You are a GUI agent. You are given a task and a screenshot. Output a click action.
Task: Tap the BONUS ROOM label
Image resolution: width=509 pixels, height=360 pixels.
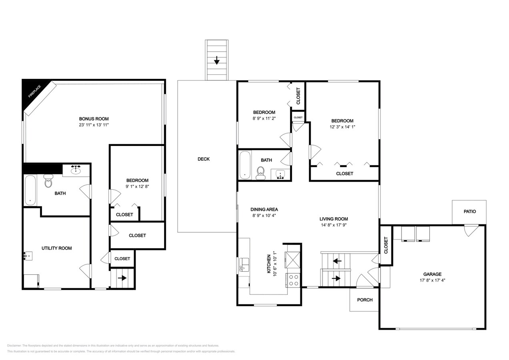pyautogui.click(x=94, y=119)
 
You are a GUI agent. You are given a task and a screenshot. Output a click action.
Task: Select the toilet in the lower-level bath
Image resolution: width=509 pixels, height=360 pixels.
pyautogui.click(x=48, y=182)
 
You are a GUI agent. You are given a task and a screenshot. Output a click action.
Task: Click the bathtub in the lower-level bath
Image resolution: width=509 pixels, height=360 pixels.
pyautogui.click(x=30, y=190)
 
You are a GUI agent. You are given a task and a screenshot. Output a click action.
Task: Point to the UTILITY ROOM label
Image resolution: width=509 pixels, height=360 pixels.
pyautogui.click(x=57, y=248)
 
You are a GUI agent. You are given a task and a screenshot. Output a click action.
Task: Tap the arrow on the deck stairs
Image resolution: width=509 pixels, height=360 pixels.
pyautogui.click(x=216, y=61)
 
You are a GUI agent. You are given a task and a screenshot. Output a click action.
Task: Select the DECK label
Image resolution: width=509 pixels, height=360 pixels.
pyautogui.click(x=204, y=159)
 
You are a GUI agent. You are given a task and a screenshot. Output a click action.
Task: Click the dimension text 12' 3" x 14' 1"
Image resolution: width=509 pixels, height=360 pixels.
pyautogui.click(x=342, y=127)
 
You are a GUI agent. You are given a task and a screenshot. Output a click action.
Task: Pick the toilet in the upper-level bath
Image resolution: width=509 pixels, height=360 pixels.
pyautogui.click(x=261, y=173)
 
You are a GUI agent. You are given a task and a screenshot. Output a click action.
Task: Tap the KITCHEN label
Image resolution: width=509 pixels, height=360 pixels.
pyautogui.click(x=269, y=264)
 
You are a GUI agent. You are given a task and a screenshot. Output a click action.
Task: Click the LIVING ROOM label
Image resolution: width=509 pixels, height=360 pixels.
pyautogui.click(x=333, y=219)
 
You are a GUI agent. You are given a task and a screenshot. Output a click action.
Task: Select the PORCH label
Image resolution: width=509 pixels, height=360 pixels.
pyautogui.click(x=365, y=300)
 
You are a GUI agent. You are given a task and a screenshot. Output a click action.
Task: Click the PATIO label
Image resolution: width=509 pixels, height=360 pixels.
pyautogui.click(x=470, y=211)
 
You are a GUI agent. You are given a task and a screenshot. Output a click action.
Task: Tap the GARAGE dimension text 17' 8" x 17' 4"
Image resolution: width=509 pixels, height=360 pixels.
pyautogui.click(x=432, y=280)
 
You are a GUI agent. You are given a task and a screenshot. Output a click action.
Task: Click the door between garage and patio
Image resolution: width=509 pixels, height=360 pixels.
pyautogui.click(x=469, y=230)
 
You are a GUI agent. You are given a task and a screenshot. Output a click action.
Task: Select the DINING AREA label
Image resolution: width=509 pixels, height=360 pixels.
pyautogui.click(x=264, y=209)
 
